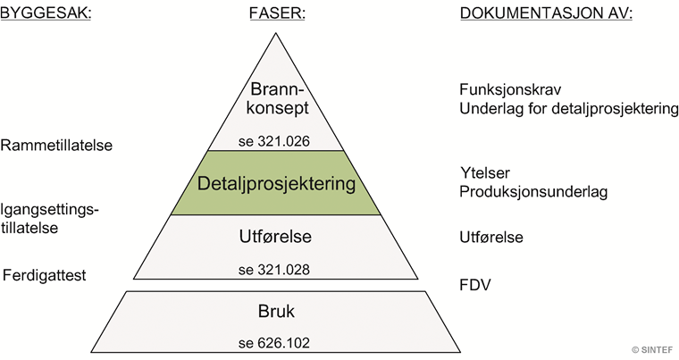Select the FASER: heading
click(x=275, y=14)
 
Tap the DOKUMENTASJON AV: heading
click(x=546, y=14)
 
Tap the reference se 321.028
click(x=275, y=269)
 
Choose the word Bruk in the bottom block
click(x=275, y=314)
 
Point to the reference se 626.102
click(x=275, y=342)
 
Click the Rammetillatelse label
click(x=56, y=146)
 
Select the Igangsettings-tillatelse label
click(x=49, y=219)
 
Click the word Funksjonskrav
click(x=508, y=91)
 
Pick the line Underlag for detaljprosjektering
click(x=568, y=109)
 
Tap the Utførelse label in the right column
click(x=491, y=238)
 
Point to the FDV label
click(x=474, y=286)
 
